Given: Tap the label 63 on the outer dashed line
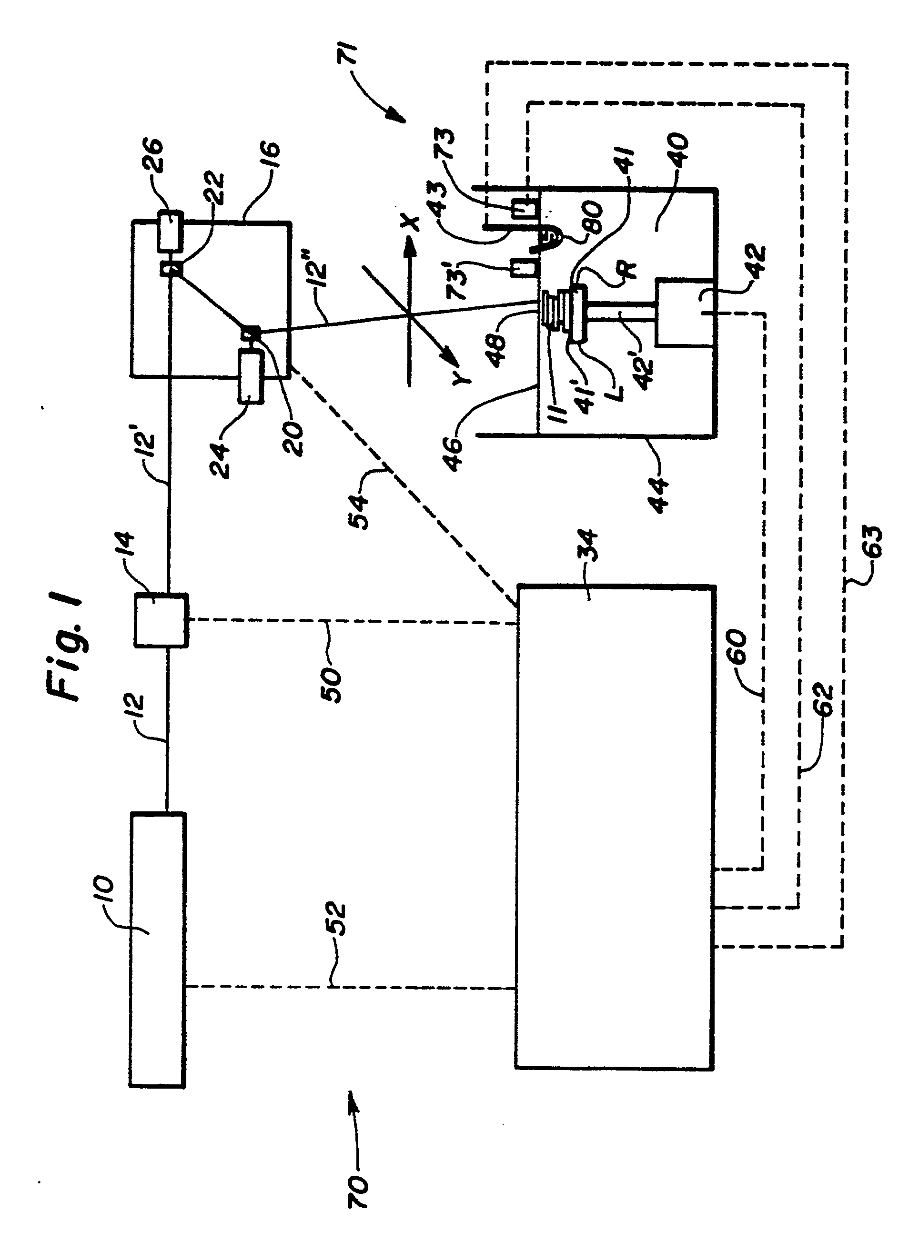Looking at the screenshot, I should pyautogui.click(x=872, y=541).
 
